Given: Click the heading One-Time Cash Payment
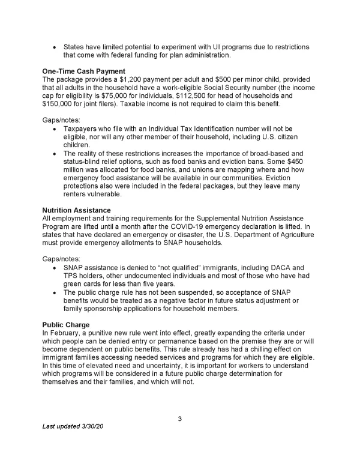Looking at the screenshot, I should (x=83, y=71).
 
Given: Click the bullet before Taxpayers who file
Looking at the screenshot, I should (x=55, y=129).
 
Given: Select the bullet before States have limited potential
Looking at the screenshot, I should (x=55, y=47).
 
